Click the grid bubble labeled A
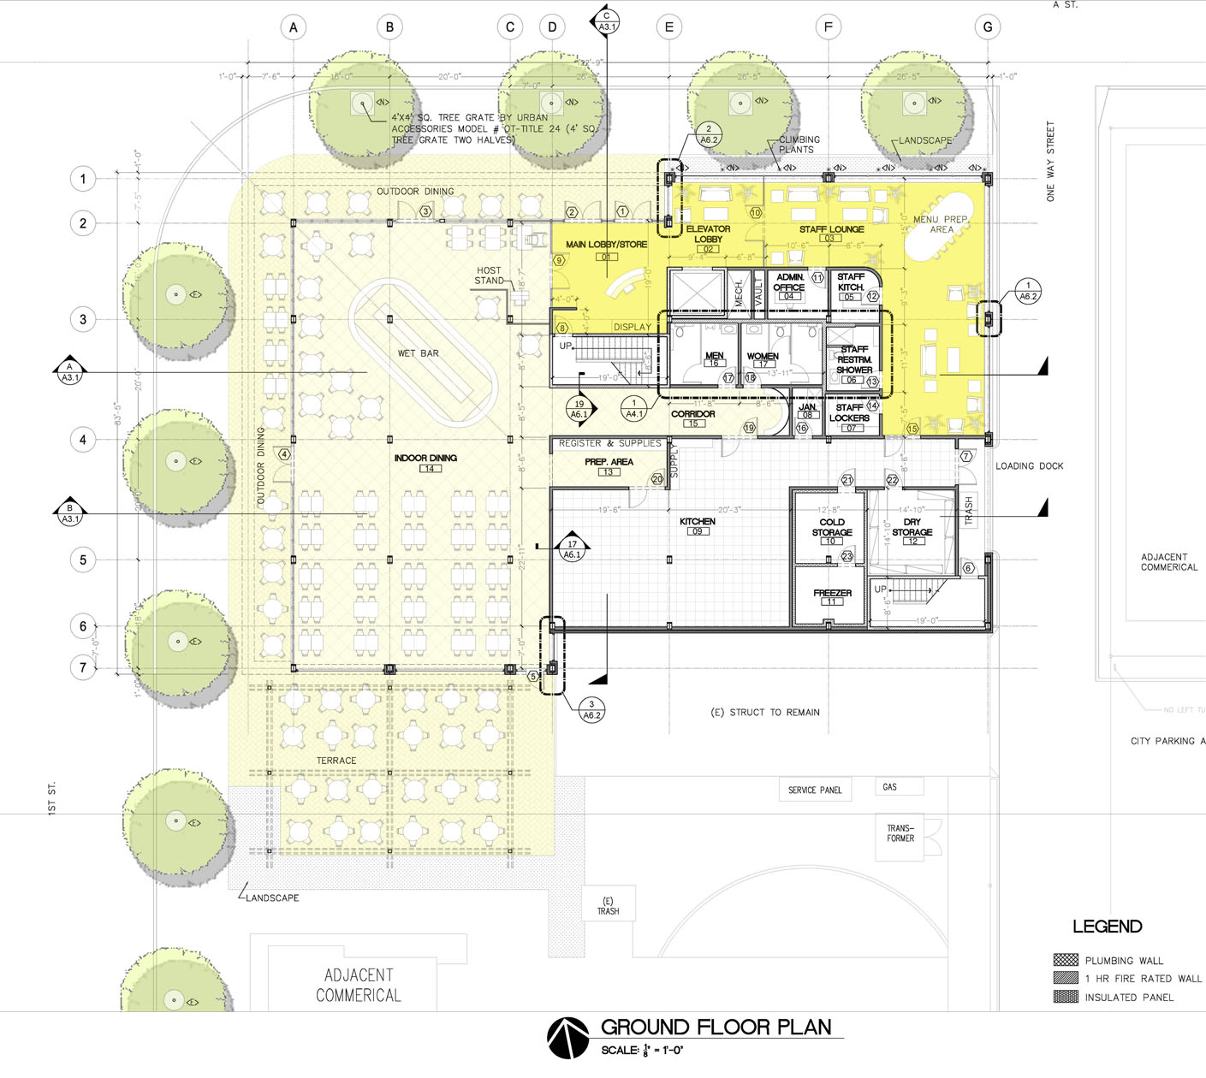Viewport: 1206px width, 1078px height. (294, 27)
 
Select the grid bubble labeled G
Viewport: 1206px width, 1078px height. (988, 27)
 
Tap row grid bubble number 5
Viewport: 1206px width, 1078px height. (83, 560)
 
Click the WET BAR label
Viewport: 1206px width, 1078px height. (418, 353)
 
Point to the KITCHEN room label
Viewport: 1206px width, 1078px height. (697, 521)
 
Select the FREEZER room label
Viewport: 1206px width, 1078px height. (832, 593)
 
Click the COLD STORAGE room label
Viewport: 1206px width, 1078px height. (832, 527)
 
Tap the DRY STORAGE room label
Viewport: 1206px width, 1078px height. (912, 527)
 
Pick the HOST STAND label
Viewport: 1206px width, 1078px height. (489, 275)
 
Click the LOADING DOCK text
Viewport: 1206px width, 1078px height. (1029, 466)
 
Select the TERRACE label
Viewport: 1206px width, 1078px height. (336, 761)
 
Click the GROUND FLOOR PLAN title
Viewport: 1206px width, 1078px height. (716, 1027)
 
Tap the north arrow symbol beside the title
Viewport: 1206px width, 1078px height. (567, 1038)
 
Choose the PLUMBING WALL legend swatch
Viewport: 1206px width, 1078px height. (1066, 960)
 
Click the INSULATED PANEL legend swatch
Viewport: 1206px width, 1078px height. (1066, 997)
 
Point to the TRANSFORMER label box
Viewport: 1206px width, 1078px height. (900, 833)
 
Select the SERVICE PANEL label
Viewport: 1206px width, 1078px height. (815, 790)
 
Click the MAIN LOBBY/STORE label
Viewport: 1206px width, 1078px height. (606, 245)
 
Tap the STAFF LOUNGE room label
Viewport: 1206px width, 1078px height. (831, 229)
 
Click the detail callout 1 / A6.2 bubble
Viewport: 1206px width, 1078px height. (1028, 291)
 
